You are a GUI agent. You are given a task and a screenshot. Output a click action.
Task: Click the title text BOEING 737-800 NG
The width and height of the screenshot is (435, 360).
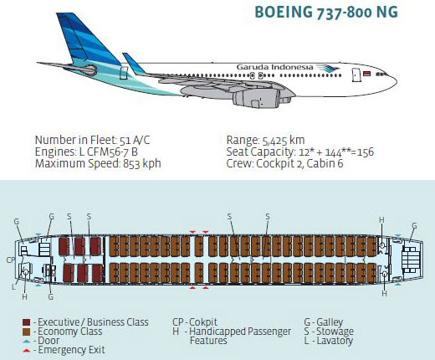pyautogui.click(x=326, y=13)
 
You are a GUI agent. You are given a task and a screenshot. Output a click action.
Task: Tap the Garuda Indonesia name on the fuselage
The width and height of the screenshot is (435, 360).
pyautogui.click(x=274, y=67)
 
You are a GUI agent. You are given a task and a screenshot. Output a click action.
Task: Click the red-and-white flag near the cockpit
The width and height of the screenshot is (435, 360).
pyautogui.click(x=366, y=74)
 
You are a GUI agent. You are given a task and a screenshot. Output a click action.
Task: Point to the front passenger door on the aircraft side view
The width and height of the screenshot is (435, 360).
pyautogui.click(x=356, y=75)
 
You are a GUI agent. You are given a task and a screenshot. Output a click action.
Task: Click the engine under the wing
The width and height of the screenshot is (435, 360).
pyautogui.click(x=257, y=98)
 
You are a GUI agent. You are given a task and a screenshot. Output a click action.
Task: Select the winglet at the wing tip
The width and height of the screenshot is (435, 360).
pyautogui.click(x=134, y=64)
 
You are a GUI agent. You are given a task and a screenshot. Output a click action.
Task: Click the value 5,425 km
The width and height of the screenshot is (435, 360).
pyautogui.click(x=284, y=141)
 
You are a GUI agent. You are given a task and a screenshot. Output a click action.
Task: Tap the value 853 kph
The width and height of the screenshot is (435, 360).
pyautogui.click(x=142, y=164)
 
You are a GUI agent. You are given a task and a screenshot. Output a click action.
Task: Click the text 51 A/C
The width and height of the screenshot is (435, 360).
pyautogui.click(x=135, y=141)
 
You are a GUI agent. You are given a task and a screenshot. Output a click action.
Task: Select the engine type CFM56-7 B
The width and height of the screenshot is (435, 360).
pyautogui.click(x=112, y=152)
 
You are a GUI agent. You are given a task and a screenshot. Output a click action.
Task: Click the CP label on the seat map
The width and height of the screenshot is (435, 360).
pyautogui.click(x=11, y=260)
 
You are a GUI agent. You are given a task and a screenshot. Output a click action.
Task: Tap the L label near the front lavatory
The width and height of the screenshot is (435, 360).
pyautogui.click(x=13, y=286)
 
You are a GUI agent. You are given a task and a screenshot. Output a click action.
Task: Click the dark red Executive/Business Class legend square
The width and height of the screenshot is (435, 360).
pyautogui.click(x=26, y=322)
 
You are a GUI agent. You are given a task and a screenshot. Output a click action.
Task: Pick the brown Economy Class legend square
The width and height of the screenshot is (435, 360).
pyautogui.click(x=26, y=332)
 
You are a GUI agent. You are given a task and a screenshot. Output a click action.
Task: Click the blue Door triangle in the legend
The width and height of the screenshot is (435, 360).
pyautogui.click(x=26, y=342)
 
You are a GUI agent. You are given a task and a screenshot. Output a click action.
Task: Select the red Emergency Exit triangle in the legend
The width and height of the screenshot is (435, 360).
pyautogui.click(x=26, y=351)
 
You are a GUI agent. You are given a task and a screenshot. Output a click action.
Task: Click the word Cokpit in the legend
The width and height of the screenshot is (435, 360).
pyautogui.click(x=203, y=322)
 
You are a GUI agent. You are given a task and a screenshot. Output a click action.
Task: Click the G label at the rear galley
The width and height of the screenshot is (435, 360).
pyautogui.click(x=414, y=226)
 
